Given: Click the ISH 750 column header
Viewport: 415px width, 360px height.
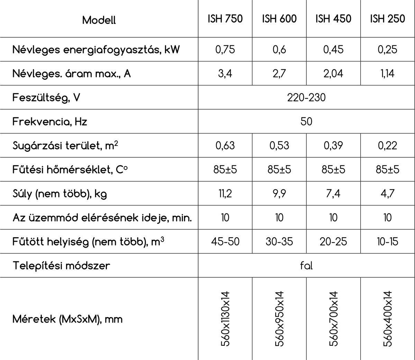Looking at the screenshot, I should coord(225,19).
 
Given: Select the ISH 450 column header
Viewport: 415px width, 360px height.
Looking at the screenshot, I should coord(333,19).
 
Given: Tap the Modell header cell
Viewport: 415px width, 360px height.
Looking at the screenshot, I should coord(99,20).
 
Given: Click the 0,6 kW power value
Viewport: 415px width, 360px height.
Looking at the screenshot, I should coord(279,49).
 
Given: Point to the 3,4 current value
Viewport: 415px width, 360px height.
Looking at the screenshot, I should coord(225,74).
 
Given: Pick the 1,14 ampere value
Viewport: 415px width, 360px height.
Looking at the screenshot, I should coord(387,74).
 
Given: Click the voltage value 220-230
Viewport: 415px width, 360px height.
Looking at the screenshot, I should coord(306,98).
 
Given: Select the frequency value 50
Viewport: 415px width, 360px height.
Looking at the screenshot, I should coord(306,121).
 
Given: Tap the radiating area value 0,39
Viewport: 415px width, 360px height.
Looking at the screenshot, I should coord(333,146).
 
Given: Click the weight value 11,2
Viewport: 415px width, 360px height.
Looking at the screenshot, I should coord(225,194).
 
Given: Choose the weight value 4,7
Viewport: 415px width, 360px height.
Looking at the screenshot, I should coord(387,194).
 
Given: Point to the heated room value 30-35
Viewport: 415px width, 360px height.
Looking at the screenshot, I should coord(279,241).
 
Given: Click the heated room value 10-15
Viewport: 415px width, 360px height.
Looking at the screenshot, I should coord(387,241).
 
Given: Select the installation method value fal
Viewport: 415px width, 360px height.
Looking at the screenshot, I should coord(306,266).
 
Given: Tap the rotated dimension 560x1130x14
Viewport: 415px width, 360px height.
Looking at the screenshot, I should coord(225,319).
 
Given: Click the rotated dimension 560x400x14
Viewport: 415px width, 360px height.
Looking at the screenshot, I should coord(388,319).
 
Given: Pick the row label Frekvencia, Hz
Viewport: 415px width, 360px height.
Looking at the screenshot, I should coord(50,122).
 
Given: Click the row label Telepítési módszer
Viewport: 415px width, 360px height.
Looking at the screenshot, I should coord(61,266).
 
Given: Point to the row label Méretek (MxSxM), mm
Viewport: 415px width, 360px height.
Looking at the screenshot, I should coord(67,319).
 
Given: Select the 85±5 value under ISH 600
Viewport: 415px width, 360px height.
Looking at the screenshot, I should coord(279,169).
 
